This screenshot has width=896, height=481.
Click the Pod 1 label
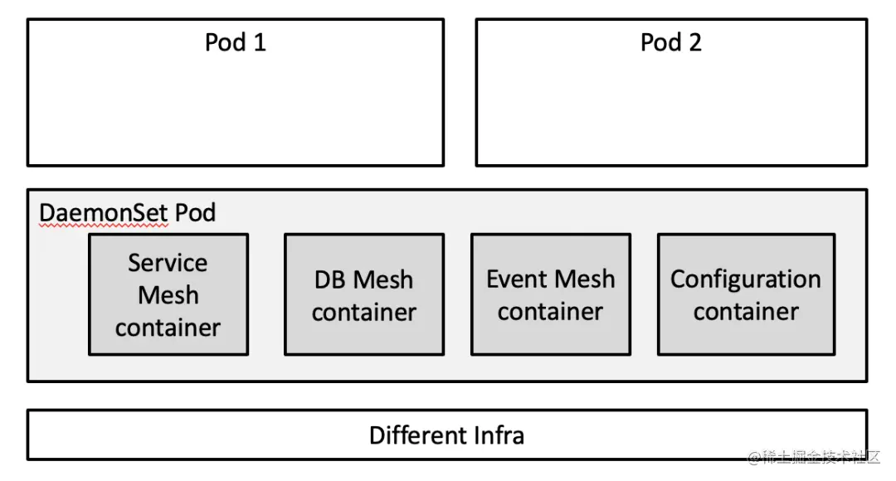tap(236, 42)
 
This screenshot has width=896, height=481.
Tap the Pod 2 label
tap(670, 42)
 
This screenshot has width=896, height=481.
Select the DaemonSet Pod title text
tap(128, 213)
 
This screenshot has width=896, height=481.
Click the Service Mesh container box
tap(168, 294)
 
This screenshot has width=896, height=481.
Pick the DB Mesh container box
tap(364, 294)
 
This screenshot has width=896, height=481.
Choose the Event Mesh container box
tap(551, 294)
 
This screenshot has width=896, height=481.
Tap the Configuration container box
tap(746, 294)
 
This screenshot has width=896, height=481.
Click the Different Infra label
tap(446, 435)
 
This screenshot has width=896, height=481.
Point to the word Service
tap(168, 263)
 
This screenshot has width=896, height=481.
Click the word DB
tap(329, 279)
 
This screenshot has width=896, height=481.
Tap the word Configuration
tap(746, 279)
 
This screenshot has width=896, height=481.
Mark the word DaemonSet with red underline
tap(105, 213)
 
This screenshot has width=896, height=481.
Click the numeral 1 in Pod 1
tap(260, 42)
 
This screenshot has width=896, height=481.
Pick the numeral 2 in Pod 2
tap(694, 42)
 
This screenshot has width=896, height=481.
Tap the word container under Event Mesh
tap(551, 312)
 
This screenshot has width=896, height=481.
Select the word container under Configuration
tap(746, 312)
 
